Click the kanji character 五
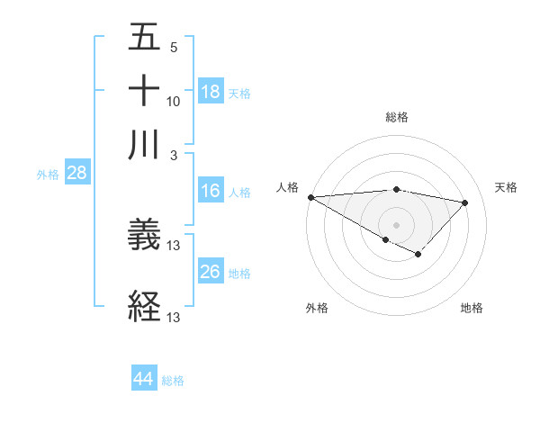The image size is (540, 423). (144, 40)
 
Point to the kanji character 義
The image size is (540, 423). (144, 235)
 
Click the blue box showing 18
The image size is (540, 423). (211, 92)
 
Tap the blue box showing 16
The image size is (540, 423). (211, 192)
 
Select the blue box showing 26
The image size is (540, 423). (211, 272)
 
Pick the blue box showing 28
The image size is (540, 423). (76, 174)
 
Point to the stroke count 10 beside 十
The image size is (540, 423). (174, 101)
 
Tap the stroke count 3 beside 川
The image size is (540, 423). (174, 154)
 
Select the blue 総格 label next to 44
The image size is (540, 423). (173, 381)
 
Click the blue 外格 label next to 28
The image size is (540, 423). (48, 175)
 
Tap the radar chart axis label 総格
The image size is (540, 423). (397, 117)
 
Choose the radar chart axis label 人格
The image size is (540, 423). (288, 187)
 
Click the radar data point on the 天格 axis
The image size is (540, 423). (465, 202)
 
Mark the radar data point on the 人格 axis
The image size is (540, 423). (310, 197)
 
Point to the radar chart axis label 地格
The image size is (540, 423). (472, 308)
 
